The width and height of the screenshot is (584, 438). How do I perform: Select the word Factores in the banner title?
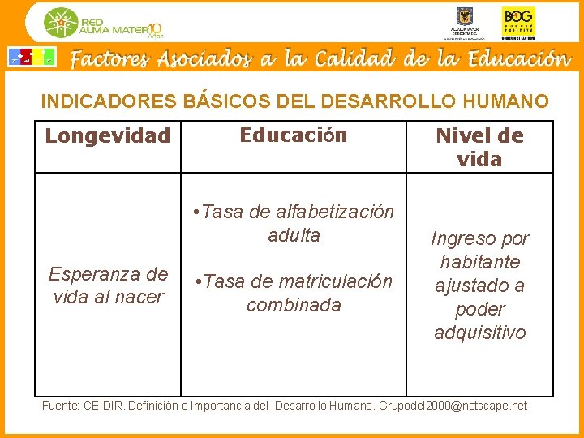pos(109,59)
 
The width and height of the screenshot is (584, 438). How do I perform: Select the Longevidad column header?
pos(107,135)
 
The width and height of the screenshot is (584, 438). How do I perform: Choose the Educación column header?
pos(293,135)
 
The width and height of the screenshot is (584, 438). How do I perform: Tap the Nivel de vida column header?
pos(479,147)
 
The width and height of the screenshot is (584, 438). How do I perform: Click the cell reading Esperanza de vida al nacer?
pos(108,285)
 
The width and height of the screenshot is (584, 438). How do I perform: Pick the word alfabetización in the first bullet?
pos(335,212)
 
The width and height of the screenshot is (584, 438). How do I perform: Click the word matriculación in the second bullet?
pos(335,281)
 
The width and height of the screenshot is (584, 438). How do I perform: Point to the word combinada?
pos(294,305)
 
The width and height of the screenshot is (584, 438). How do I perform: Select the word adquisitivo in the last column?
pos(479,333)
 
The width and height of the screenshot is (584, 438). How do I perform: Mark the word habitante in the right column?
pos(479,262)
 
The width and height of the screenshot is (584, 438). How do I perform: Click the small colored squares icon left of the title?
pos(32,58)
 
